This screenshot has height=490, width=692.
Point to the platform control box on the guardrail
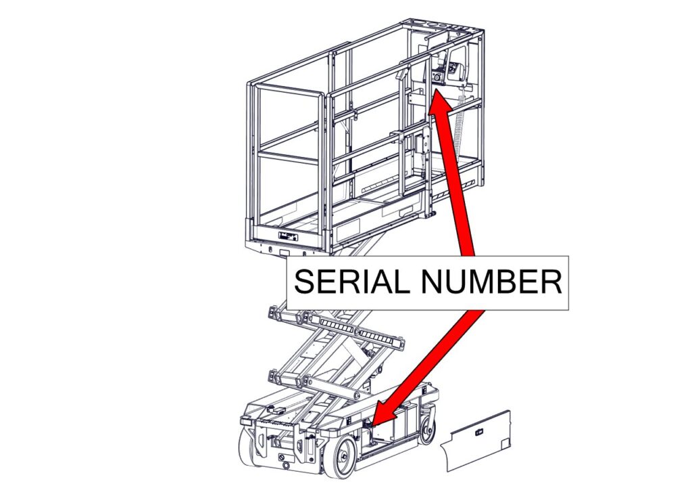point(447,72)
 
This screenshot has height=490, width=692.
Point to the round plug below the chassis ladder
point(280,460)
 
